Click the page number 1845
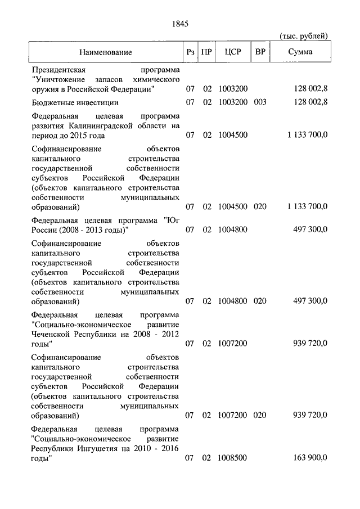179,24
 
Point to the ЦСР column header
232,52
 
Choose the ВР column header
260,52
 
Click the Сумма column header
301,52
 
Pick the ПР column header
207,52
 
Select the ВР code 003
259,102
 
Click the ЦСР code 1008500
232,458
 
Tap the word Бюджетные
52,102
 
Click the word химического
158,79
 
